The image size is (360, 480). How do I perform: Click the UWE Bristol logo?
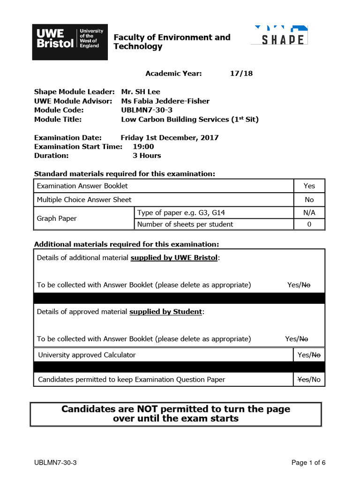70,42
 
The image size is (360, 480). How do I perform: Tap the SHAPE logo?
279,36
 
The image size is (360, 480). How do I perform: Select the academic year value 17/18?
242,73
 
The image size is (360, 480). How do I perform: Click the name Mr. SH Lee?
141,92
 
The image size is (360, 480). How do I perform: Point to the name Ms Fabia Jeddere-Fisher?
165,101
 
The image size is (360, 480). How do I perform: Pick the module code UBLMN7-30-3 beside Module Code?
147,110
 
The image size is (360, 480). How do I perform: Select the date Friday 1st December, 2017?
169,137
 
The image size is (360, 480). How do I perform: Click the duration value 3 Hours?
147,155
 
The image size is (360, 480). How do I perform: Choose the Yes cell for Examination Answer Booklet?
309,186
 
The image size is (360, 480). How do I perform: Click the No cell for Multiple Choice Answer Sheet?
309,200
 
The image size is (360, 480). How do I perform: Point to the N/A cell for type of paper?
309,213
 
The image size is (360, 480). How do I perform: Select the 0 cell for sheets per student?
309,224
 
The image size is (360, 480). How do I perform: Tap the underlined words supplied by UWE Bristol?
174,257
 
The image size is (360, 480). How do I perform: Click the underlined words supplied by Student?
166,311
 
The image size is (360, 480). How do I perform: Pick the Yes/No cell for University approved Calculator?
309,355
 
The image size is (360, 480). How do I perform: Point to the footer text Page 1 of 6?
308,463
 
